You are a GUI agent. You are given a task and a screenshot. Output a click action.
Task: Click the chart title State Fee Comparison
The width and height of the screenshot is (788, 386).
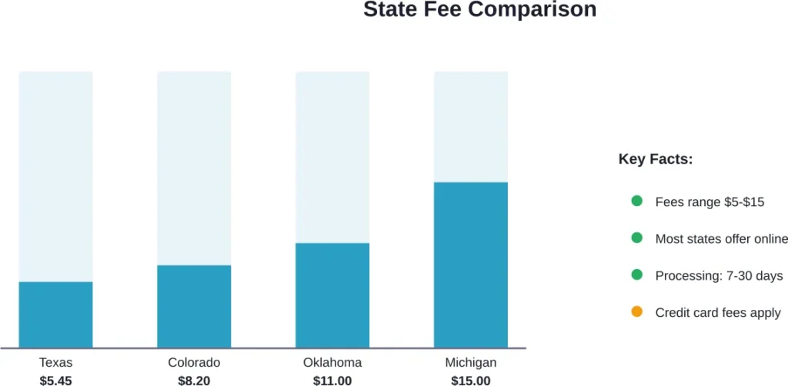pos(479,10)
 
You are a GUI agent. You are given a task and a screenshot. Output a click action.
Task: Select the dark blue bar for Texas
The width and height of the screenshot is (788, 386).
pos(55,314)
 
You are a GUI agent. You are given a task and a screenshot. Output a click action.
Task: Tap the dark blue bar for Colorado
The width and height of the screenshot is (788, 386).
pos(194,306)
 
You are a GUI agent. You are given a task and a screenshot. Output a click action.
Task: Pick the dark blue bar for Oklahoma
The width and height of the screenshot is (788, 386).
pos(332,295)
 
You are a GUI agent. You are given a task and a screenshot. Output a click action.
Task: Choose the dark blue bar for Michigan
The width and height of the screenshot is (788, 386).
pos(471,265)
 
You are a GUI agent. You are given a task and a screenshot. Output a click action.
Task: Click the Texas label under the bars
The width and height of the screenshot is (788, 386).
pos(55,363)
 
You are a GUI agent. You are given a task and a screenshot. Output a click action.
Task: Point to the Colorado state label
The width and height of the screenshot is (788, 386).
pos(194,363)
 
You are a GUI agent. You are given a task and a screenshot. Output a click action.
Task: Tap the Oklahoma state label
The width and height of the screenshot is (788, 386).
pos(332,363)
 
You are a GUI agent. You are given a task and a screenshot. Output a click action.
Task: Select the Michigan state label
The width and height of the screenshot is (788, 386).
pos(471,363)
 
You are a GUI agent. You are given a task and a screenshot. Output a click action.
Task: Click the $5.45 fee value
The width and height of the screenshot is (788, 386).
pos(55,380)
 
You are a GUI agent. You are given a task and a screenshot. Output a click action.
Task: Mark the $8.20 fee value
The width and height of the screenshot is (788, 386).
pos(194,380)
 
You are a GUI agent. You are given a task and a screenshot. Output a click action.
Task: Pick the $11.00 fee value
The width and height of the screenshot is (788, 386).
pos(332,380)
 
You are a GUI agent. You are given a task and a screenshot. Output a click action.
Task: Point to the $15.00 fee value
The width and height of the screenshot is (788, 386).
pos(471,380)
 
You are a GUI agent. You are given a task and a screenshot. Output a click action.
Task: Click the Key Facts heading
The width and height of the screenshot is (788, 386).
pos(656,160)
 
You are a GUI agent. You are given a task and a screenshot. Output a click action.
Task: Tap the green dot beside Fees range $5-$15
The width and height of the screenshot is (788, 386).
pos(636,201)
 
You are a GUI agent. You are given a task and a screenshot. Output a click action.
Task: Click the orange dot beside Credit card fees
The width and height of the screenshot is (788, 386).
pos(636,312)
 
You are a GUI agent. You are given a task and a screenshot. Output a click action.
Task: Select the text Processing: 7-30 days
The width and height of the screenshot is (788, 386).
pos(719,276)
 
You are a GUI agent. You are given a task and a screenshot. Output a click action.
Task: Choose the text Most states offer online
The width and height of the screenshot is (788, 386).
pos(721,239)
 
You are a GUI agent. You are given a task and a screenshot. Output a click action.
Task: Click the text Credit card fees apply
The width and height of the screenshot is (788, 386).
pos(718,313)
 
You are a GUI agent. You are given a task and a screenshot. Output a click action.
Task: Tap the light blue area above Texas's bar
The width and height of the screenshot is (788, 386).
pos(55,177)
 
